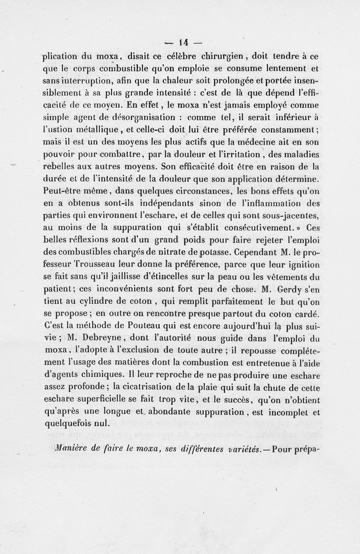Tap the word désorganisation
137,118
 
